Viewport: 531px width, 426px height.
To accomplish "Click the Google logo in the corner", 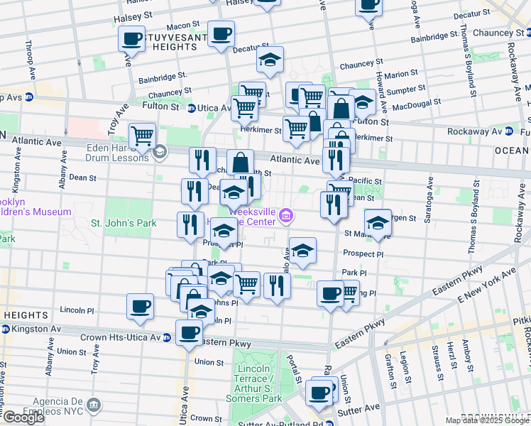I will click(x=23, y=417).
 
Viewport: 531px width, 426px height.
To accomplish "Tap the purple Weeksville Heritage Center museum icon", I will click(x=285, y=215).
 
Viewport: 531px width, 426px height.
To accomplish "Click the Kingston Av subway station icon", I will click(x=6, y=329).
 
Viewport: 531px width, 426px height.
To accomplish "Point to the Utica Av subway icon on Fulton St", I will click(x=192, y=108).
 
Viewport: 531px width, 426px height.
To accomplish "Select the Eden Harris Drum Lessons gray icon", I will click(x=160, y=151).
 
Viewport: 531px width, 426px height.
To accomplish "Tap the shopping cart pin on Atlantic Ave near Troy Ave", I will click(x=142, y=134).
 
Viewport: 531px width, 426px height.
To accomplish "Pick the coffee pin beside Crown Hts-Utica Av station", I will click(x=189, y=332).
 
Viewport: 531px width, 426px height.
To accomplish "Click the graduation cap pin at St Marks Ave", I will click(x=378, y=222).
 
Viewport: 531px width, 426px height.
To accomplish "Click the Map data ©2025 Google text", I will click(x=486, y=420).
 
